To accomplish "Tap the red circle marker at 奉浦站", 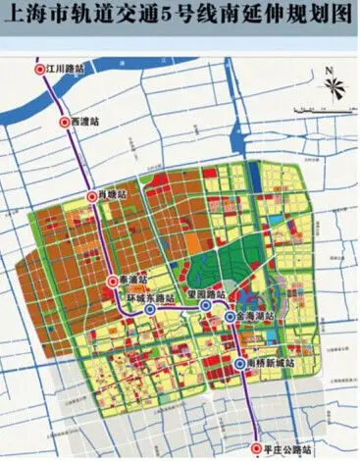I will (113, 282).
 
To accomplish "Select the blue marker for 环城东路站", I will (149, 309).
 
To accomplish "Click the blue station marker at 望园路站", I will (205, 306).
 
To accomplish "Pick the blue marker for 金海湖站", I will (229, 318).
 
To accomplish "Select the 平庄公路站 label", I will (292, 450).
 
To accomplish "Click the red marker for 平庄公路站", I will (256, 450).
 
